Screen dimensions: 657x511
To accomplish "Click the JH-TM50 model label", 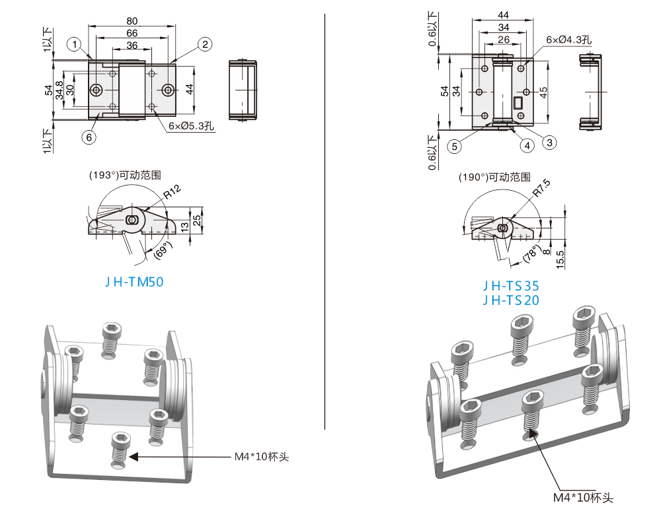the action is coord(134,282).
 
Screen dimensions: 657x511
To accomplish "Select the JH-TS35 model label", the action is coord(511,286).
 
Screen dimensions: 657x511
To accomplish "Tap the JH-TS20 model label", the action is coord(511,300).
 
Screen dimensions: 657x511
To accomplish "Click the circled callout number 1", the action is coord(75,44).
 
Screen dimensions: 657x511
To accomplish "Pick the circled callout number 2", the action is coord(205,44).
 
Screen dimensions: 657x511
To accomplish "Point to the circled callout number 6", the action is coord(89,137).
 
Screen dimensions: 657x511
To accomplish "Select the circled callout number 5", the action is coord(455,146).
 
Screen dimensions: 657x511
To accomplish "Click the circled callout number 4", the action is coord(527,145).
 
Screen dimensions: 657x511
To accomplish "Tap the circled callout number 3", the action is coord(550,143).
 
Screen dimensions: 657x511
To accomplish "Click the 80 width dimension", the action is coord(132,21).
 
